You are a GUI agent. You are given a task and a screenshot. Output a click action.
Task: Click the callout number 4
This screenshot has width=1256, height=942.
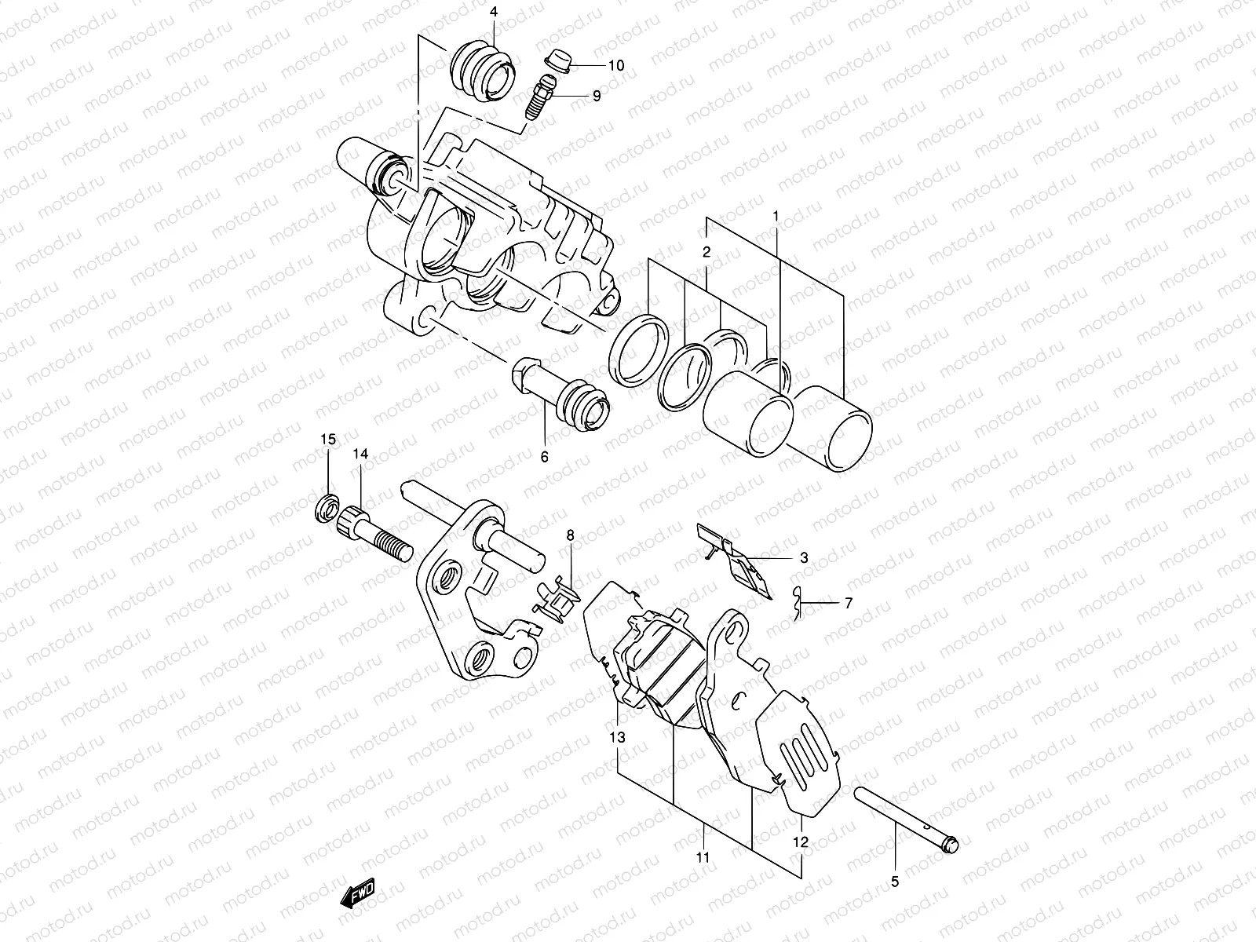coord(494,13)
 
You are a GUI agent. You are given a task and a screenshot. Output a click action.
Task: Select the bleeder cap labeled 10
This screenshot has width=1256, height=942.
coord(560,60)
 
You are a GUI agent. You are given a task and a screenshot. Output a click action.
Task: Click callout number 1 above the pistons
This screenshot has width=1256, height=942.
coord(776,194)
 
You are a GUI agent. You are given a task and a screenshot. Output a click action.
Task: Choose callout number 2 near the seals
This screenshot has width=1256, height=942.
coord(706,253)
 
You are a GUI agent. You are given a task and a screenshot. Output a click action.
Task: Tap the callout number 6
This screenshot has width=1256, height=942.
coord(544,457)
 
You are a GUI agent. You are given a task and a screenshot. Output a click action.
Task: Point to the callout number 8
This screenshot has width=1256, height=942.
coord(571,535)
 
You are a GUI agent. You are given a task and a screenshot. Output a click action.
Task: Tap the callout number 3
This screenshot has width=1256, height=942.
coord(803,558)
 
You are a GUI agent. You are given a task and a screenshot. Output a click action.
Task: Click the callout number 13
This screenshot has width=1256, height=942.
coord(617,737)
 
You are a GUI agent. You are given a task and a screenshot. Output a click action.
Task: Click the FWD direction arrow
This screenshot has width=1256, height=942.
coord(359,893)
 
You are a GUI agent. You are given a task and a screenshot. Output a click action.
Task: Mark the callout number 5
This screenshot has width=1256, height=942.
coord(895,882)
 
